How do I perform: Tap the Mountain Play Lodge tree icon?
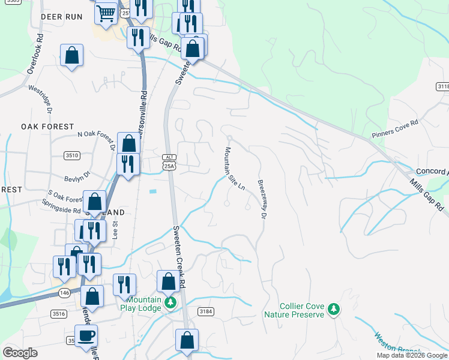click(x=170, y=302)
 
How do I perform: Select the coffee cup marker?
click(x=86, y=335)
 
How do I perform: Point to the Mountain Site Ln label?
click(x=235, y=169)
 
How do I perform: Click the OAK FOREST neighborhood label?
click(x=41, y=127)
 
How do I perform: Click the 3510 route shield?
click(x=72, y=155)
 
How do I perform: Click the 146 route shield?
click(x=64, y=292)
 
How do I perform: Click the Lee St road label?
click(x=115, y=230)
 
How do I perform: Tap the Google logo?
click(x=20, y=353)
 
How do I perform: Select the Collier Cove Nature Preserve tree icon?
click(x=334, y=310)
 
